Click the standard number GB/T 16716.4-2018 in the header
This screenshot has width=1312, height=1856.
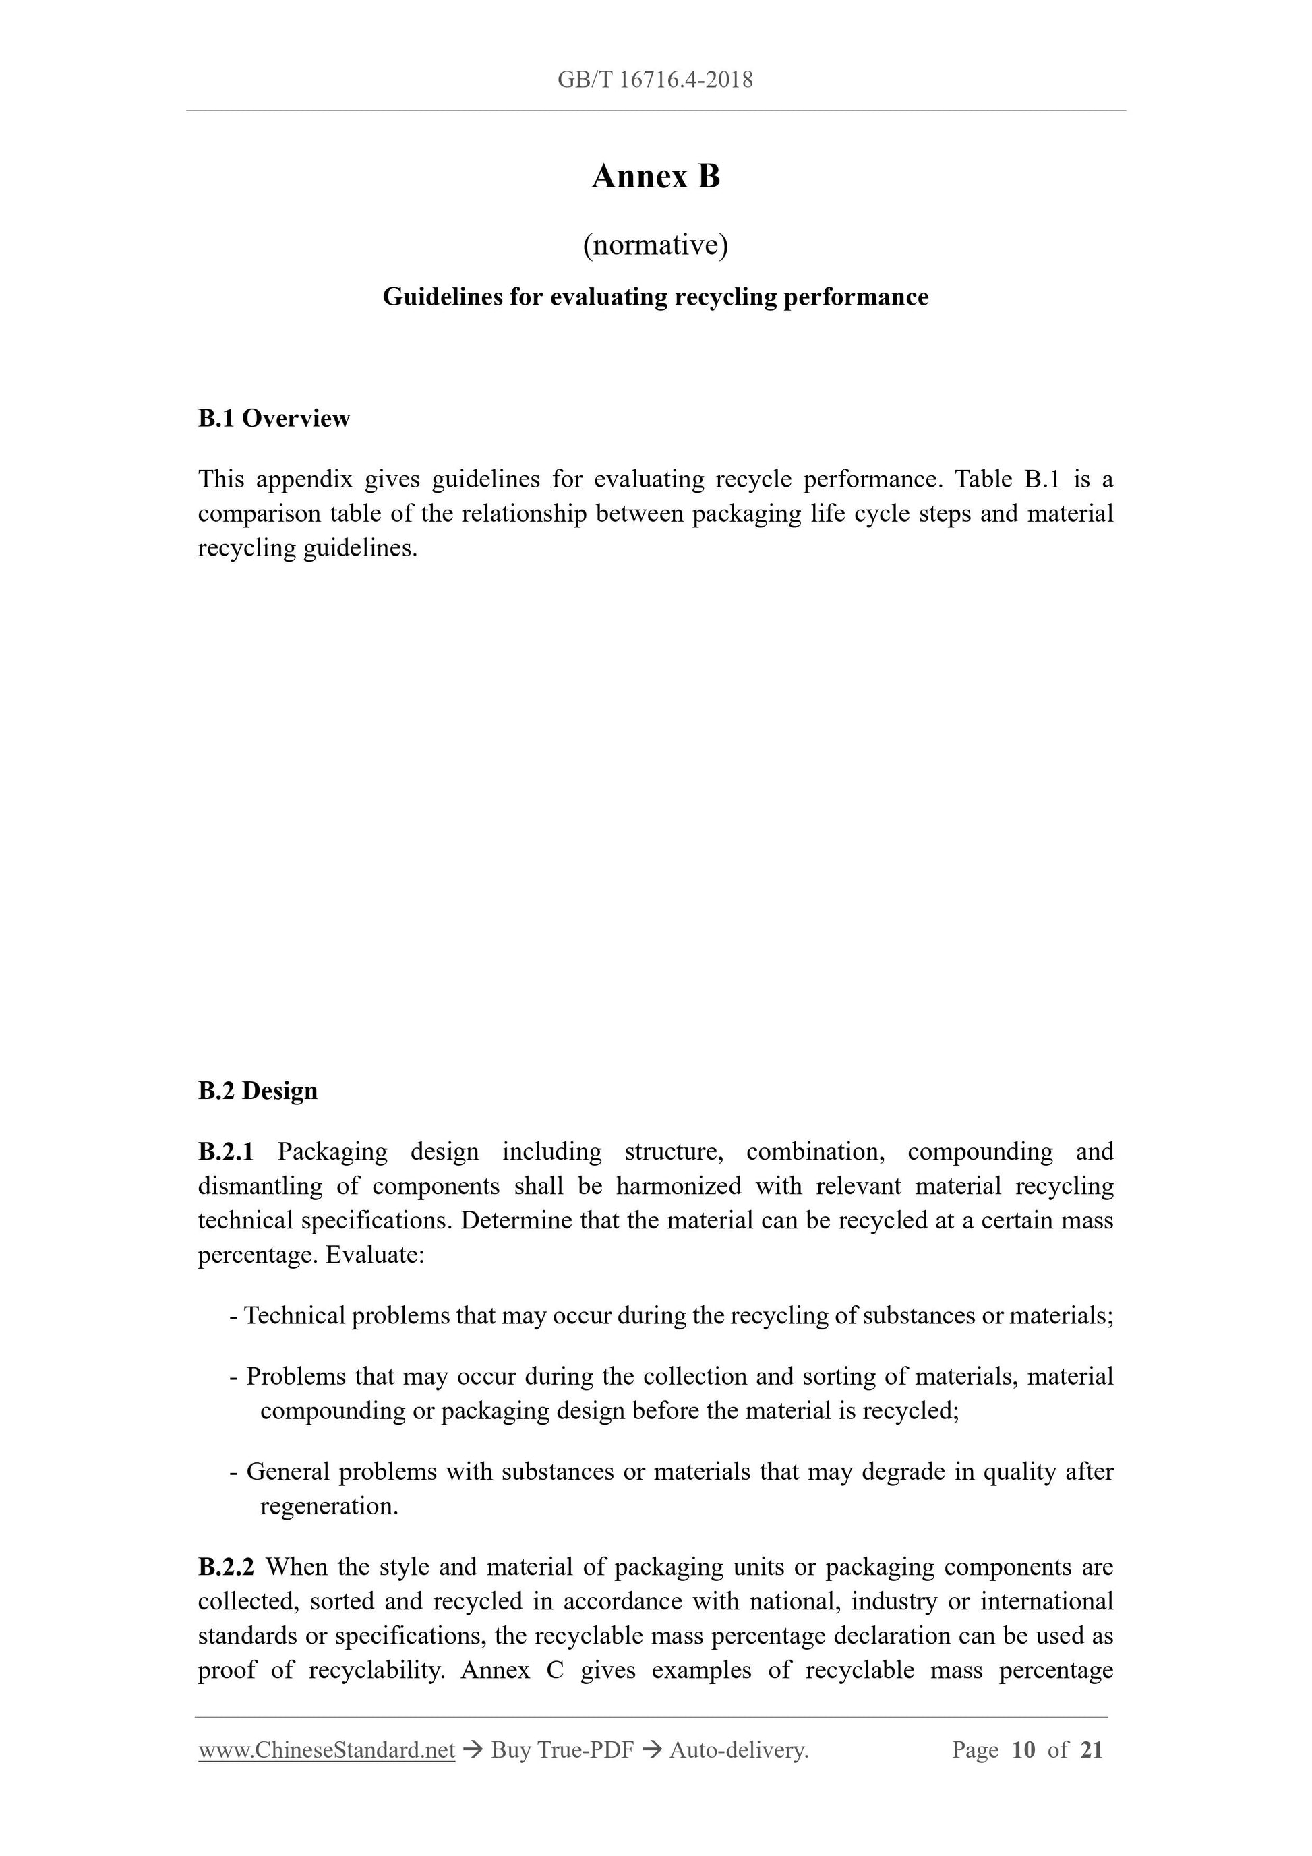click(655, 80)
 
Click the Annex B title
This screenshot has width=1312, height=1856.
click(655, 176)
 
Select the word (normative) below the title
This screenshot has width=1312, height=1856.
click(655, 245)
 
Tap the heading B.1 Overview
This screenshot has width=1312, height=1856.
click(274, 419)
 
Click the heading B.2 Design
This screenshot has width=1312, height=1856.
click(258, 1091)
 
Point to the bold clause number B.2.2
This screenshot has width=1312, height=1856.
click(227, 1567)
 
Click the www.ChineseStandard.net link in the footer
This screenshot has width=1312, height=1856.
click(326, 1750)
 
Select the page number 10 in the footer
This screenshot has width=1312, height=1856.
click(1023, 1750)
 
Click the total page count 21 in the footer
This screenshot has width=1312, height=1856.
click(1092, 1750)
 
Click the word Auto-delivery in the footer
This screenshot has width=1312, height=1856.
click(738, 1750)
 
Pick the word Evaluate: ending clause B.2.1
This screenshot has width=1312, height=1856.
click(375, 1255)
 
